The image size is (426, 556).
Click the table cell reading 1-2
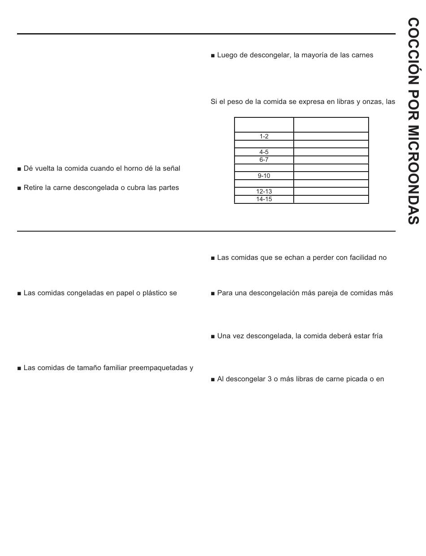[x=264, y=136]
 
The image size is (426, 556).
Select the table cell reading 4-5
[x=264, y=152]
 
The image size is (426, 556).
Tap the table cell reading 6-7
[x=264, y=159]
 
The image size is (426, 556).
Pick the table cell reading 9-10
[x=264, y=176]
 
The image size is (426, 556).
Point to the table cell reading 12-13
[x=264, y=191]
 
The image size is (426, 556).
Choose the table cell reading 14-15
[x=264, y=199]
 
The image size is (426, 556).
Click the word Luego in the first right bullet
[x=227, y=55]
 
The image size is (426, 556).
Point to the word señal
[x=170, y=168]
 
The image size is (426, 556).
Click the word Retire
[x=34, y=188]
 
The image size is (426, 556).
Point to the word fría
[x=375, y=336]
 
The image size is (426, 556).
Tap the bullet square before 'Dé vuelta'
[x=19, y=169]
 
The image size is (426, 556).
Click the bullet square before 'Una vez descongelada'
[x=213, y=336]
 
